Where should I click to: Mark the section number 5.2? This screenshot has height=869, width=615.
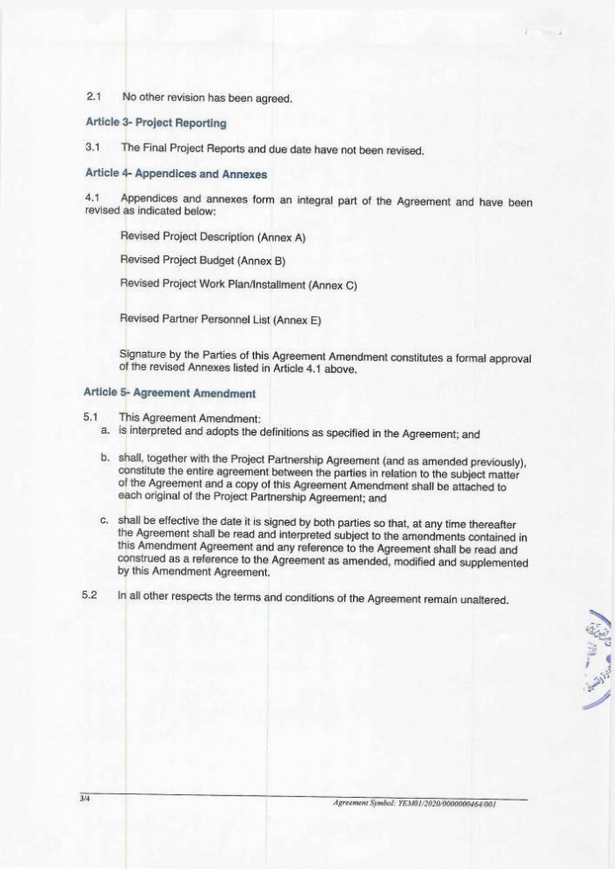[88, 600]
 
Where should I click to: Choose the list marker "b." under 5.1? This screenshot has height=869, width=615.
[105, 457]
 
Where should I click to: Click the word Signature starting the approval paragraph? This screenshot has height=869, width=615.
[145, 354]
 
